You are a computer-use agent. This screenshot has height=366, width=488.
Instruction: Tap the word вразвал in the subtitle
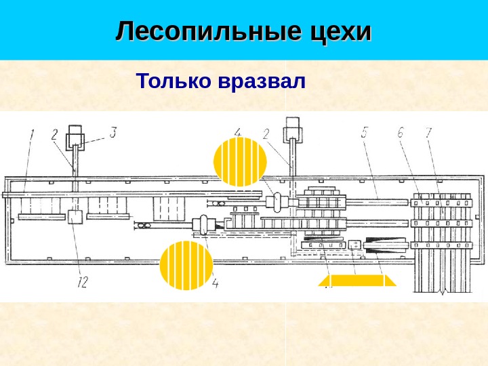[x=262, y=82]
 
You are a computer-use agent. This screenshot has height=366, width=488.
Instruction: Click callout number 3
[x=113, y=132]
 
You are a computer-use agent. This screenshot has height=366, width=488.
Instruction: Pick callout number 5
[x=365, y=133]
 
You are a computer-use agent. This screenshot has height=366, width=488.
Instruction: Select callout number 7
[x=428, y=133]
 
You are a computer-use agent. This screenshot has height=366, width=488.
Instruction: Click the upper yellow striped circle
[x=240, y=162]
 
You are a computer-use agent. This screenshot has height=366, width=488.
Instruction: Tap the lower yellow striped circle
[x=186, y=266]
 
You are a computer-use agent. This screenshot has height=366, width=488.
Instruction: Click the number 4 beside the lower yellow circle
[x=216, y=284]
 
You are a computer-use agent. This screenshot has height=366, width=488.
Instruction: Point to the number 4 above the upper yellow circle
[x=238, y=131]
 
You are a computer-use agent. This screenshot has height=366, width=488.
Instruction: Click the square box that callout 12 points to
[x=75, y=217]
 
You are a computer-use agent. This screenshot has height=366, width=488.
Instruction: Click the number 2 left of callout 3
[x=55, y=134]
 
